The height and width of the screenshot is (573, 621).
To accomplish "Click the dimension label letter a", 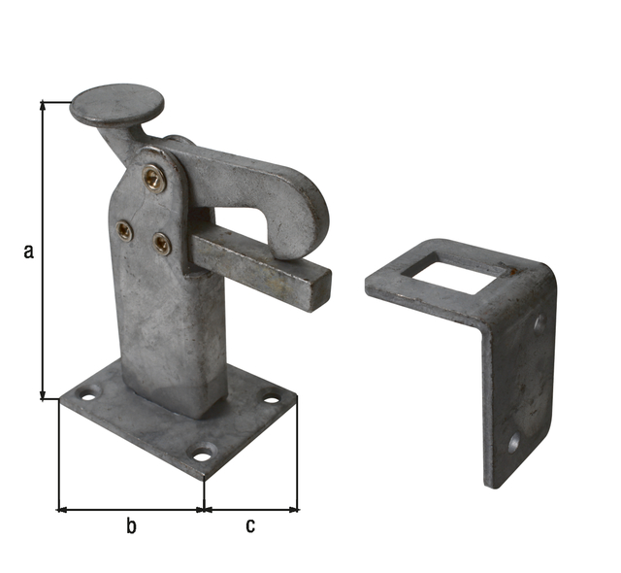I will pyautogui.click(x=28, y=252).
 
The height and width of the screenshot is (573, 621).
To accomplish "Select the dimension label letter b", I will pyautogui.click(x=131, y=526).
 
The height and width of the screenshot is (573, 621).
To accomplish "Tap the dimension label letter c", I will pyautogui.click(x=250, y=526).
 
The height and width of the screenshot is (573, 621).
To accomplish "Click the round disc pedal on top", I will pyautogui.click(x=116, y=105).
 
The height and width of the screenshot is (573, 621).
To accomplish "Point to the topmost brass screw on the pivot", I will pyautogui.click(x=153, y=178).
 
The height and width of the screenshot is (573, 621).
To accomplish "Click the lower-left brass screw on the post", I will pyautogui.click(x=125, y=230).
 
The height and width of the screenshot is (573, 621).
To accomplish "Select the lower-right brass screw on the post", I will pyautogui.click(x=162, y=243).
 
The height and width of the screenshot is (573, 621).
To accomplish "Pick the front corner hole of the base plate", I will pyautogui.click(x=203, y=453).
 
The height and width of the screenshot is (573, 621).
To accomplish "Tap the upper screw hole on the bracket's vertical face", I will pyautogui.click(x=539, y=322).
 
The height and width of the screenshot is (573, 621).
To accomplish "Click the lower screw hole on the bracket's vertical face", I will pyautogui.click(x=514, y=443).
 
